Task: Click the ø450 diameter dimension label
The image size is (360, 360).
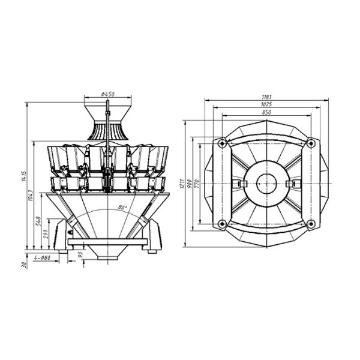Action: [108, 94]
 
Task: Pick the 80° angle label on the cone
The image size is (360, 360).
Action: [123, 208]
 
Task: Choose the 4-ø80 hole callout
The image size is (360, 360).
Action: [43, 257]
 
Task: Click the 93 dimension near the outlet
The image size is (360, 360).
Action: [80, 255]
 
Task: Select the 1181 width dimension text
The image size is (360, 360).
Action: [266, 97]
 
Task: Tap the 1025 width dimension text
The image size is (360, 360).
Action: [266, 104]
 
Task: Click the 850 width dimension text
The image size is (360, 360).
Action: [266, 112]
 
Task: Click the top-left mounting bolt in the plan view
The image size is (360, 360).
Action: [222, 143]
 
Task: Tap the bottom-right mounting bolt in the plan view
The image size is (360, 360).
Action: [310, 224]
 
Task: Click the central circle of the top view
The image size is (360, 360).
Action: [266, 183]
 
